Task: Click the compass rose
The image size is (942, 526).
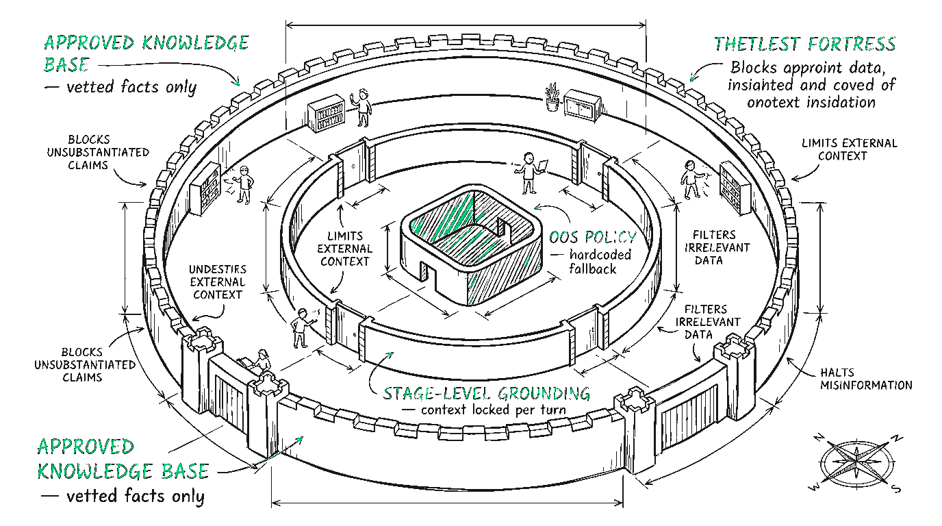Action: click(856, 460)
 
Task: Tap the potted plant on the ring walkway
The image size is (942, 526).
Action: click(552, 98)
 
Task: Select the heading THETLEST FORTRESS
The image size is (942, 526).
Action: click(805, 45)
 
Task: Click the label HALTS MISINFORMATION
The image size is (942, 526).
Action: click(865, 379)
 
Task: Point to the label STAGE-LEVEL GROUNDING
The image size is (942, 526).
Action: click(486, 393)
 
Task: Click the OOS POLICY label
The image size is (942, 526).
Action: click(594, 238)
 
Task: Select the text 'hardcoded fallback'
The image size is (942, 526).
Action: click(593, 262)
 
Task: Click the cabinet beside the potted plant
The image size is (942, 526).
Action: click(583, 105)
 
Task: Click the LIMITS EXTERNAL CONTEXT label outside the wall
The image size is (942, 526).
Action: click(848, 149)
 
